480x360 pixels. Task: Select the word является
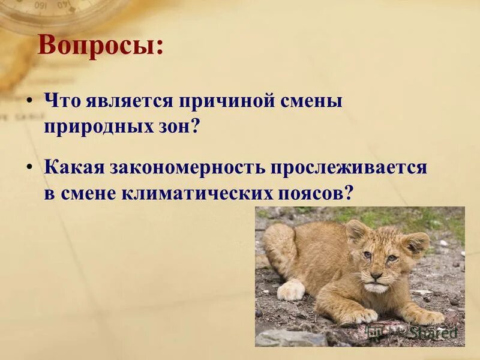click(125, 101)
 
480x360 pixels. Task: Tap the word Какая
click(72, 168)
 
